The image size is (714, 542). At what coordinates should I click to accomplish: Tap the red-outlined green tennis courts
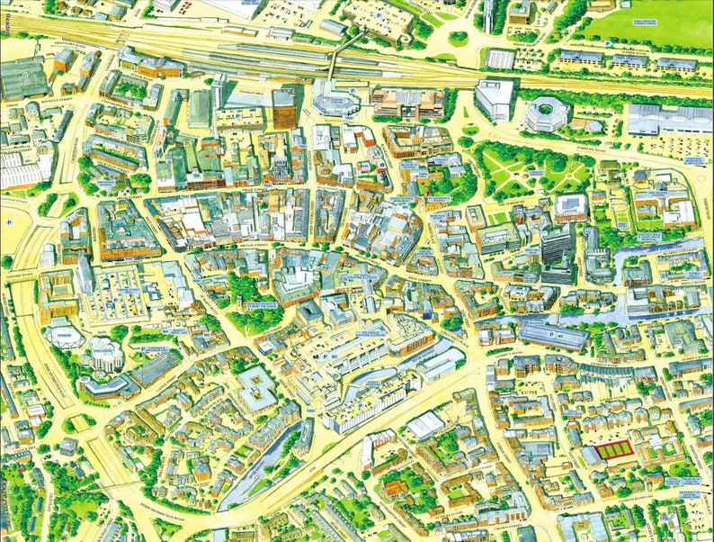(x=613, y=449)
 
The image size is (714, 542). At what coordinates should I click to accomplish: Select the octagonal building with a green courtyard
(x=545, y=114)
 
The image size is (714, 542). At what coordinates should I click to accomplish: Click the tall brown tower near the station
(x=284, y=107)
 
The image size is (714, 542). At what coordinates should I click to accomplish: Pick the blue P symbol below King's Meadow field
(x=609, y=42)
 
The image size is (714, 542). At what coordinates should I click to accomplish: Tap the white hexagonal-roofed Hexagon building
(x=105, y=354)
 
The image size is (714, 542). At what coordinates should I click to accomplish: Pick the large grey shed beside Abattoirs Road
(x=22, y=79)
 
